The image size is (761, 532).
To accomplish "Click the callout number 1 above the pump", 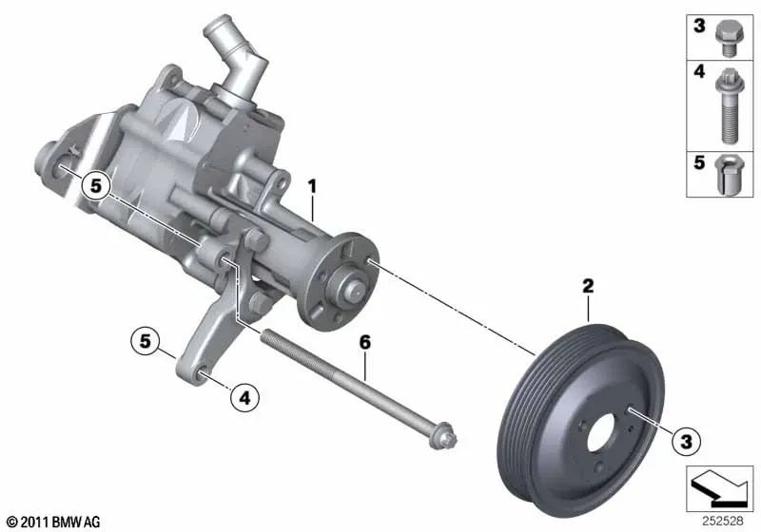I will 311,185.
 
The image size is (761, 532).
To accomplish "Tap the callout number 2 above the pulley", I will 588,284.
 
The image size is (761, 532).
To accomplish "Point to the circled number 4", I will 244,399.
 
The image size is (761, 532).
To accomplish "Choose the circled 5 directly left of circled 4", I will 146,340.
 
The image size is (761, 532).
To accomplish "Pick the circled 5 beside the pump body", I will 95,186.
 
